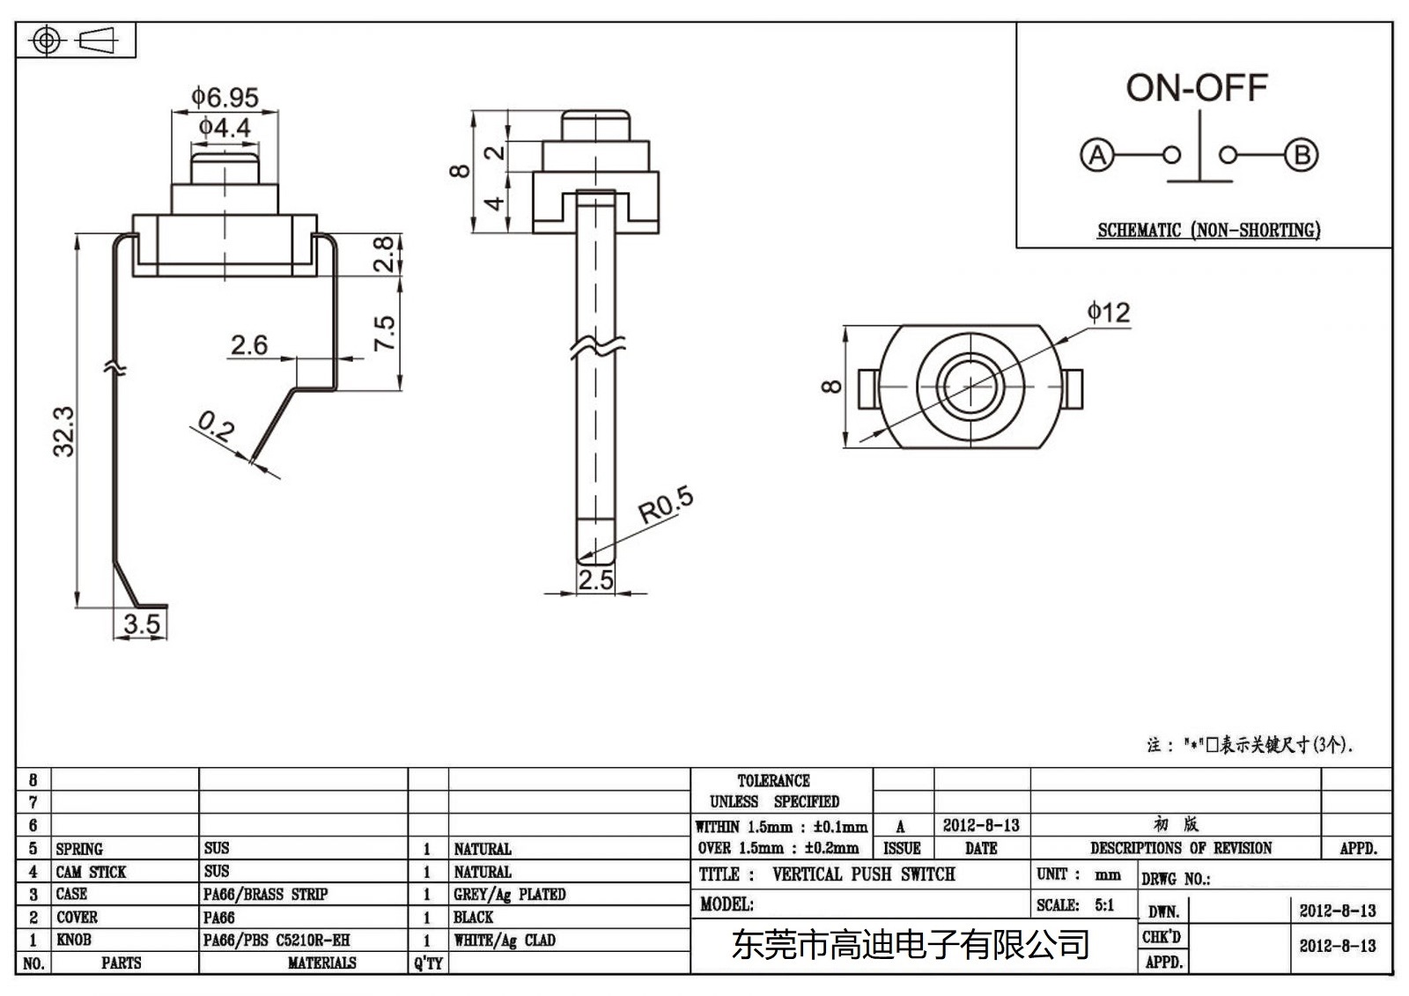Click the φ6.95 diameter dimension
click(x=225, y=97)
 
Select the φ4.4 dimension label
click(x=225, y=129)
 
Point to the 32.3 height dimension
click(x=63, y=432)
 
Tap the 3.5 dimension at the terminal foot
click(x=142, y=624)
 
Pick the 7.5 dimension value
click(x=385, y=334)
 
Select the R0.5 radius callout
click(x=666, y=505)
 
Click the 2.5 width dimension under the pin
click(x=595, y=579)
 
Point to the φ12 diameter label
click(x=1108, y=313)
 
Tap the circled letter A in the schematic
click(x=1097, y=156)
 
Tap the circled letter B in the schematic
click(x=1302, y=156)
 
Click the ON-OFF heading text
click(x=1197, y=88)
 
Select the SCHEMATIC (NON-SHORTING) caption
click(x=1208, y=231)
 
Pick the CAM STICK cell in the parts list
click(x=91, y=872)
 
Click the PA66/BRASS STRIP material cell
click(x=265, y=895)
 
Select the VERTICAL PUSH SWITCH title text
click(x=863, y=874)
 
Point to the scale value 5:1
click(x=1104, y=905)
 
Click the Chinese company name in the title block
click(x=911, y=946)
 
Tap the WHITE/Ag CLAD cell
click(x=505, y=941)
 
